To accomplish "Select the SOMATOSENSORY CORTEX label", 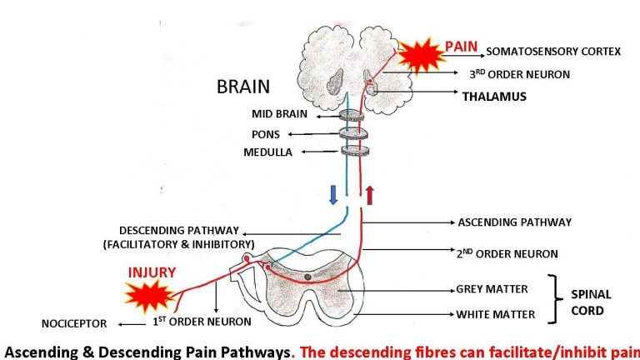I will pyautogui.click(x=553, y=52).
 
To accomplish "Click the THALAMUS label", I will pyautogui.click(x=494, y=97).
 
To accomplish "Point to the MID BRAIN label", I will pyautogui.click(x=280, y=113).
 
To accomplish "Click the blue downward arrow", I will pyautogui.click(x=332, y=195).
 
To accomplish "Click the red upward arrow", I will pyautogui.click(x=370, y=195).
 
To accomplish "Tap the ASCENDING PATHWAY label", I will pyautogui.click(x=514, y=222).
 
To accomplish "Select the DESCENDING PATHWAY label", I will pyautogui.click(x=179, y=230).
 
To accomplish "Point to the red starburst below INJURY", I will pyautogui.click(x=150, y=297).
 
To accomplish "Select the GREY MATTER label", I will pyautogui.click(x=492, y=289).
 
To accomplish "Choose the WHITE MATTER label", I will pyautogui.click(x=495, y=315).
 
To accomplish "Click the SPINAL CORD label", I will pyautogui.click(x=591, y=302).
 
